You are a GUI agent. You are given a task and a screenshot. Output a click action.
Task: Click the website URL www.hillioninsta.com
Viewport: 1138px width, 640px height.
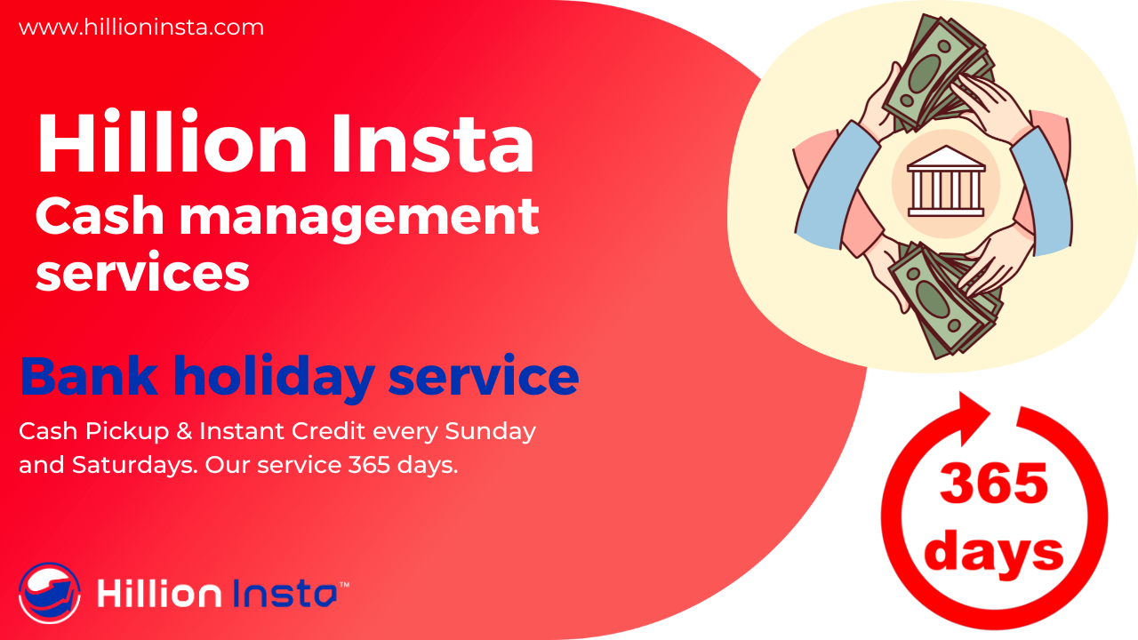pyautogui.click(x=141, y=27)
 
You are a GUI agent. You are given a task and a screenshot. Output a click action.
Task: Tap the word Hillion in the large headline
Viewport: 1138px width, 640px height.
pyautogui.click(x=172, y=143)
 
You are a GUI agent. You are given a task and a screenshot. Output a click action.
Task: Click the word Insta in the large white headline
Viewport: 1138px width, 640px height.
pyautogui.click(x=433, y=144)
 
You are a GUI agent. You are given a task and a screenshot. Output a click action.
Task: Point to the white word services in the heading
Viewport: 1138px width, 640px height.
pyautogui.click(x=143, y=272)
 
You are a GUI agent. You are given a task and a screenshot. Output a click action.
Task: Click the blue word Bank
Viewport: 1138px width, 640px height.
pyautogui.click(x=90, y=376)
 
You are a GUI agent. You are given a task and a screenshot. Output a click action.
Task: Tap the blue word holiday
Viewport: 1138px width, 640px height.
pyautogui.click(x=275, y=379)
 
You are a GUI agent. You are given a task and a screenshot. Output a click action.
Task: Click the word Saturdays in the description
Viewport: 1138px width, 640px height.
pyautogui.click(x=134, y=465)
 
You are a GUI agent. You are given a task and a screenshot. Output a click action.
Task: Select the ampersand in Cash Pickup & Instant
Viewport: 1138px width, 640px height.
pyautogui.click(x=184, y=431)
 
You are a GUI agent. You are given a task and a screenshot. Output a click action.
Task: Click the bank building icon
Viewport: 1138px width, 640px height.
pyautogui.click(x=945, y=181)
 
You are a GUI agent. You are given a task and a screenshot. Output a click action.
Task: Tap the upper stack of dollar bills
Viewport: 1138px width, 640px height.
pyautogui.click(x=938, y=72)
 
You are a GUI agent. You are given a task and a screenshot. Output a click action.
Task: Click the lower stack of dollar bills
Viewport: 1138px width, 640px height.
pyautogui.click(x=945, y=300)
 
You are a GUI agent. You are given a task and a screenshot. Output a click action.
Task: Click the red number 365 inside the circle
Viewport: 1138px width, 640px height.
pyautogui.click(x=994, y=483)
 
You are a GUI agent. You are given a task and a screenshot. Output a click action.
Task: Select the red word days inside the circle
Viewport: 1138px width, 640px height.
pyautogui.click(x=993, y=552)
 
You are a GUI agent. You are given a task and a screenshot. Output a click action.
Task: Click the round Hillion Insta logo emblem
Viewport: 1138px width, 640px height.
pyautogui.click(x=49, y=593)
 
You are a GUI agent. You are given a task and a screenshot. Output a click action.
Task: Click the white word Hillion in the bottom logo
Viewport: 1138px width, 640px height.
pyautogui.click(x=159, y=592)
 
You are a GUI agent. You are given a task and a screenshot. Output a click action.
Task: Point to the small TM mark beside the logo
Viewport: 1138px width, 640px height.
pyautogui.click(x=344, y=585)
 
